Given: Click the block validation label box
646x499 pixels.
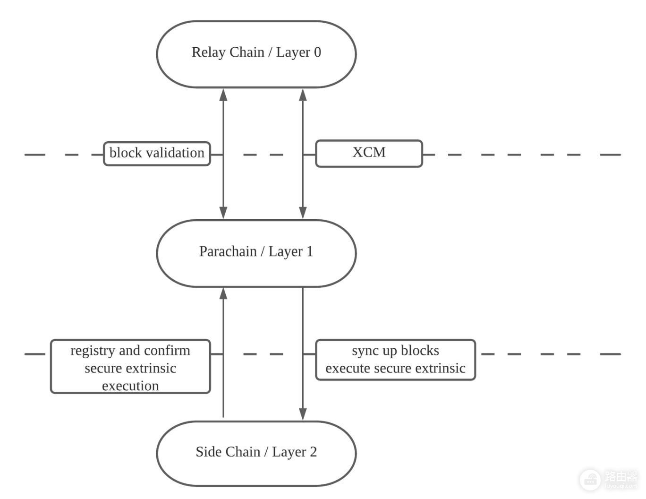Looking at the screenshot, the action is point(157,154).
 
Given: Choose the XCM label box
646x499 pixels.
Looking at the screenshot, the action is point(369,154).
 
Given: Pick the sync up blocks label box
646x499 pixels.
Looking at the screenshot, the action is point(395,360).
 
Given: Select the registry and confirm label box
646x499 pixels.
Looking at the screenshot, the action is point(130,366).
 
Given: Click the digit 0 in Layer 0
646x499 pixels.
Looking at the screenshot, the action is point(317,52).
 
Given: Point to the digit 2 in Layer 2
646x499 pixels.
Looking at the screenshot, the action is point(313,452).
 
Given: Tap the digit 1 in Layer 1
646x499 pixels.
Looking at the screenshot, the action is point(310,251).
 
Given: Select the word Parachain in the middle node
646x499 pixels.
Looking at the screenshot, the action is point(228,251).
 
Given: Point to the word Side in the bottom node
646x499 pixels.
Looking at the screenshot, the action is point(207,452).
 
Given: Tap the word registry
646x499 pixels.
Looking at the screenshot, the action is point(93,352).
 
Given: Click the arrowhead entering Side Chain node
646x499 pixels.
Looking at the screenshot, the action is point(303,414).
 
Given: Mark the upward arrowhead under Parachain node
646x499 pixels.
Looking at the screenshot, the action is point(223,293).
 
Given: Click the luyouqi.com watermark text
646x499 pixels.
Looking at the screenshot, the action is point(621,486).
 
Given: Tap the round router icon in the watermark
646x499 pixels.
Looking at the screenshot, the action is point(590,480).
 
